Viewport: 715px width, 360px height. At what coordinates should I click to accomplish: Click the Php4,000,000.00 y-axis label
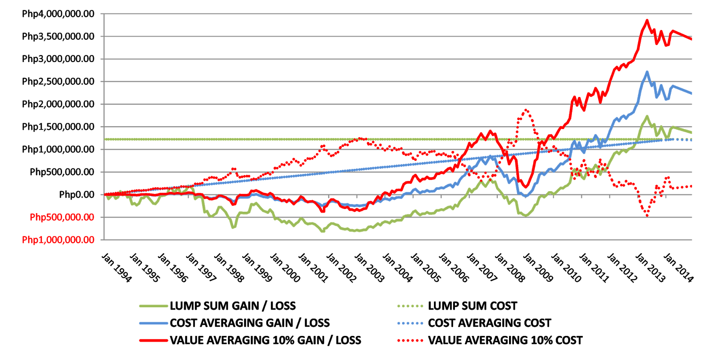click(58, 14)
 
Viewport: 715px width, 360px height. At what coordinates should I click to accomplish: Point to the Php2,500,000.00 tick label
click(58, 82)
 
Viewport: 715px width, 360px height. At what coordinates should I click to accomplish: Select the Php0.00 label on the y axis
click(76, 195)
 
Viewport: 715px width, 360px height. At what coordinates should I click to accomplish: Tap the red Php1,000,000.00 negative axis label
click(58, 240)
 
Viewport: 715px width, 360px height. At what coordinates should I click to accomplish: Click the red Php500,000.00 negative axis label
click(62, 218)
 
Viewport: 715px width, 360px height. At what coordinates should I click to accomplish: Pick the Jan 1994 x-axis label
click(117, 268)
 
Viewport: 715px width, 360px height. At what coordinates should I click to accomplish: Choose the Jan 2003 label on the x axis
click(369, 268)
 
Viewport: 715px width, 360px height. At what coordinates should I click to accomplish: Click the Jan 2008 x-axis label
click(510, 268)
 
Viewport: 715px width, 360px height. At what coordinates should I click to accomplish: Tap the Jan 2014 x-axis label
click(678, 268)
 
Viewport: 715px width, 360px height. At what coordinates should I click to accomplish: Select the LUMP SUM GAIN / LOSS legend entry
click(233, 306)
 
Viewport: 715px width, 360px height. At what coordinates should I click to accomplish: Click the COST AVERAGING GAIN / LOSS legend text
click(250, 323)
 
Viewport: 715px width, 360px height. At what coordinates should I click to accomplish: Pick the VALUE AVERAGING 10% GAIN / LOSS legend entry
click(265, 340)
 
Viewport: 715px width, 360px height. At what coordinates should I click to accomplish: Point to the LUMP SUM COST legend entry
click(472, 306)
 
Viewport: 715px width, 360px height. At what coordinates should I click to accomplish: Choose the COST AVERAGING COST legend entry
click(489, 323)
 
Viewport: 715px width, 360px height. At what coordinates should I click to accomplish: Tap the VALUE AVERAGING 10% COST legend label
click(505, 340)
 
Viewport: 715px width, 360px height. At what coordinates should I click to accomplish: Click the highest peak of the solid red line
click(647, 21)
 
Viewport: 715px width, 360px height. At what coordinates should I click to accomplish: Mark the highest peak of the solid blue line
click(647, 72)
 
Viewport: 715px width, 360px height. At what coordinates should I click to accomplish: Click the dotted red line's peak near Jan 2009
click(526, 110)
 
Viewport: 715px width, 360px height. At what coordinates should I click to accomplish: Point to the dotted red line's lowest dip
click(647, 216)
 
